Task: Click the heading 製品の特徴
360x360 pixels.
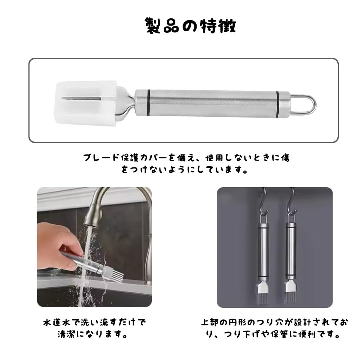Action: (191, 26)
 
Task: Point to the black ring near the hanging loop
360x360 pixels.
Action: (278, 104)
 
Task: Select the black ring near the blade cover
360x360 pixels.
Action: (148, 103)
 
